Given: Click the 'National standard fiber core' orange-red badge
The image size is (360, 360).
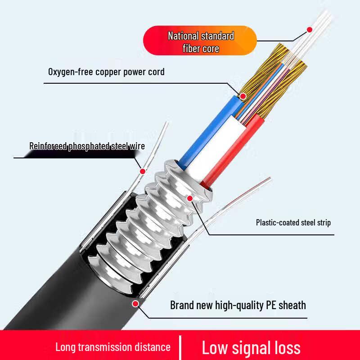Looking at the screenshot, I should [x=200, y=41].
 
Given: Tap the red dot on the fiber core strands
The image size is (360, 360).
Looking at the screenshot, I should [x=310, y=30].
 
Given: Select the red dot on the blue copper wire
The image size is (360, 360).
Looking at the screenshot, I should [x=243, y=96].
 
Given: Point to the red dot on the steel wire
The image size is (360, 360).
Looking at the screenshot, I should [x=143, y=171].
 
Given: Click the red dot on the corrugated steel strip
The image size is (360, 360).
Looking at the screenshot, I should [x=190, y=198].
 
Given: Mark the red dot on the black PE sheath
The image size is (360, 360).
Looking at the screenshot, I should [x=135, y=304].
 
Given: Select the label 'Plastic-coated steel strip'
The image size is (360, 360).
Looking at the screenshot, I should [x=293, y=222].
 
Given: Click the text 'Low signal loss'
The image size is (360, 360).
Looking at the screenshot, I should [x=251, y=347].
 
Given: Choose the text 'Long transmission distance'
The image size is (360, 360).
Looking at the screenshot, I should [x=113, y=347].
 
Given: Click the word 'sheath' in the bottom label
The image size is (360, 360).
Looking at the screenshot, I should [x=292, y=305].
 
